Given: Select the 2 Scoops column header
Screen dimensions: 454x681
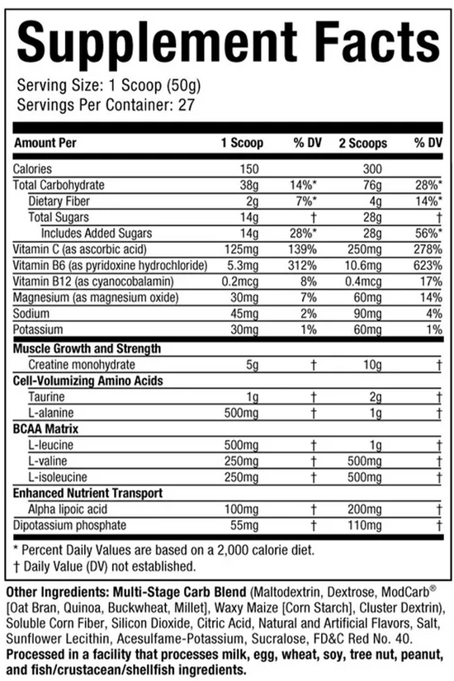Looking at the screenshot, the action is point(362,143).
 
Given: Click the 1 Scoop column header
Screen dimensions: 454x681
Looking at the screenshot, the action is point(241,143).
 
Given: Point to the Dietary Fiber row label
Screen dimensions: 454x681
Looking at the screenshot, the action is point(63,201).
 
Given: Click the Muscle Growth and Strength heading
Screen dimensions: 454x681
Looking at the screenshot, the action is point(87,349).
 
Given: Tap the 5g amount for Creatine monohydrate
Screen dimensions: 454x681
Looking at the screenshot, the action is point(256,365).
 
